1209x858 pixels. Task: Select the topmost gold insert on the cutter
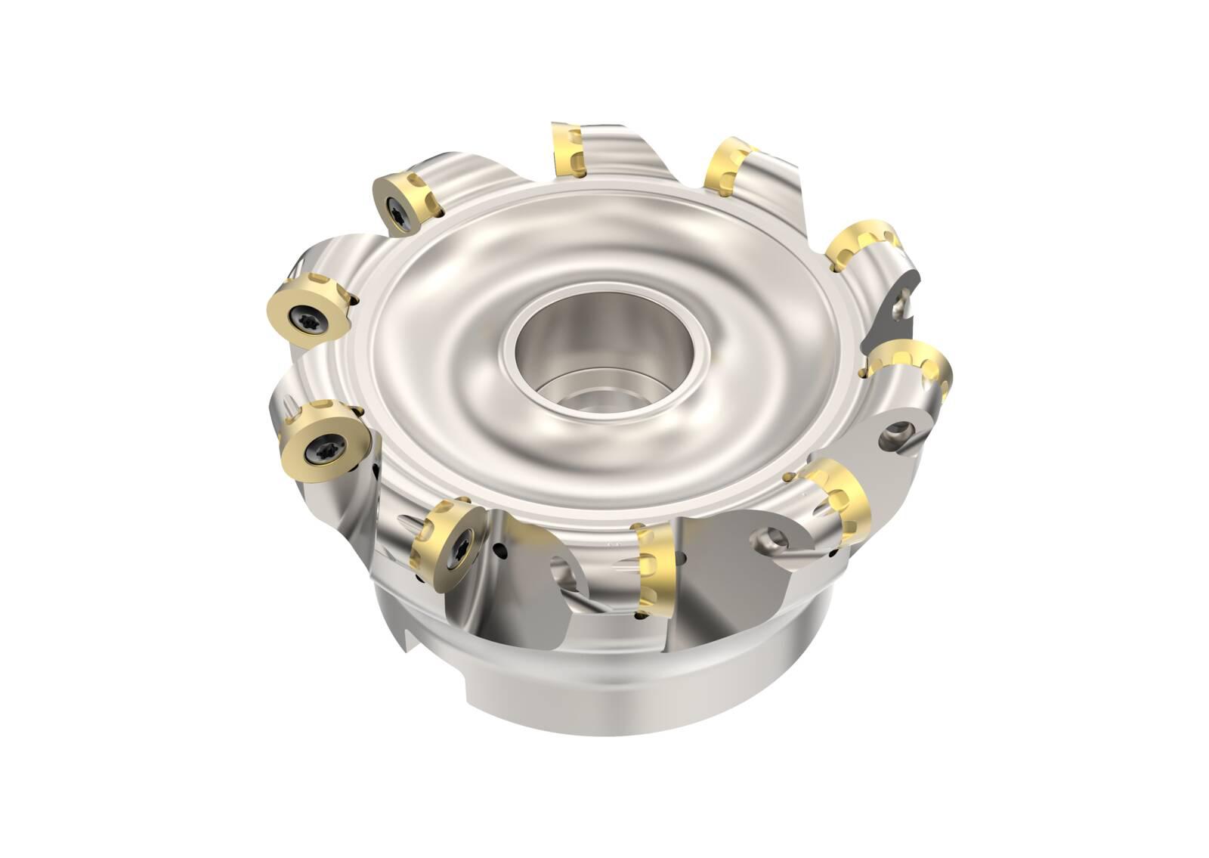(567, 151)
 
